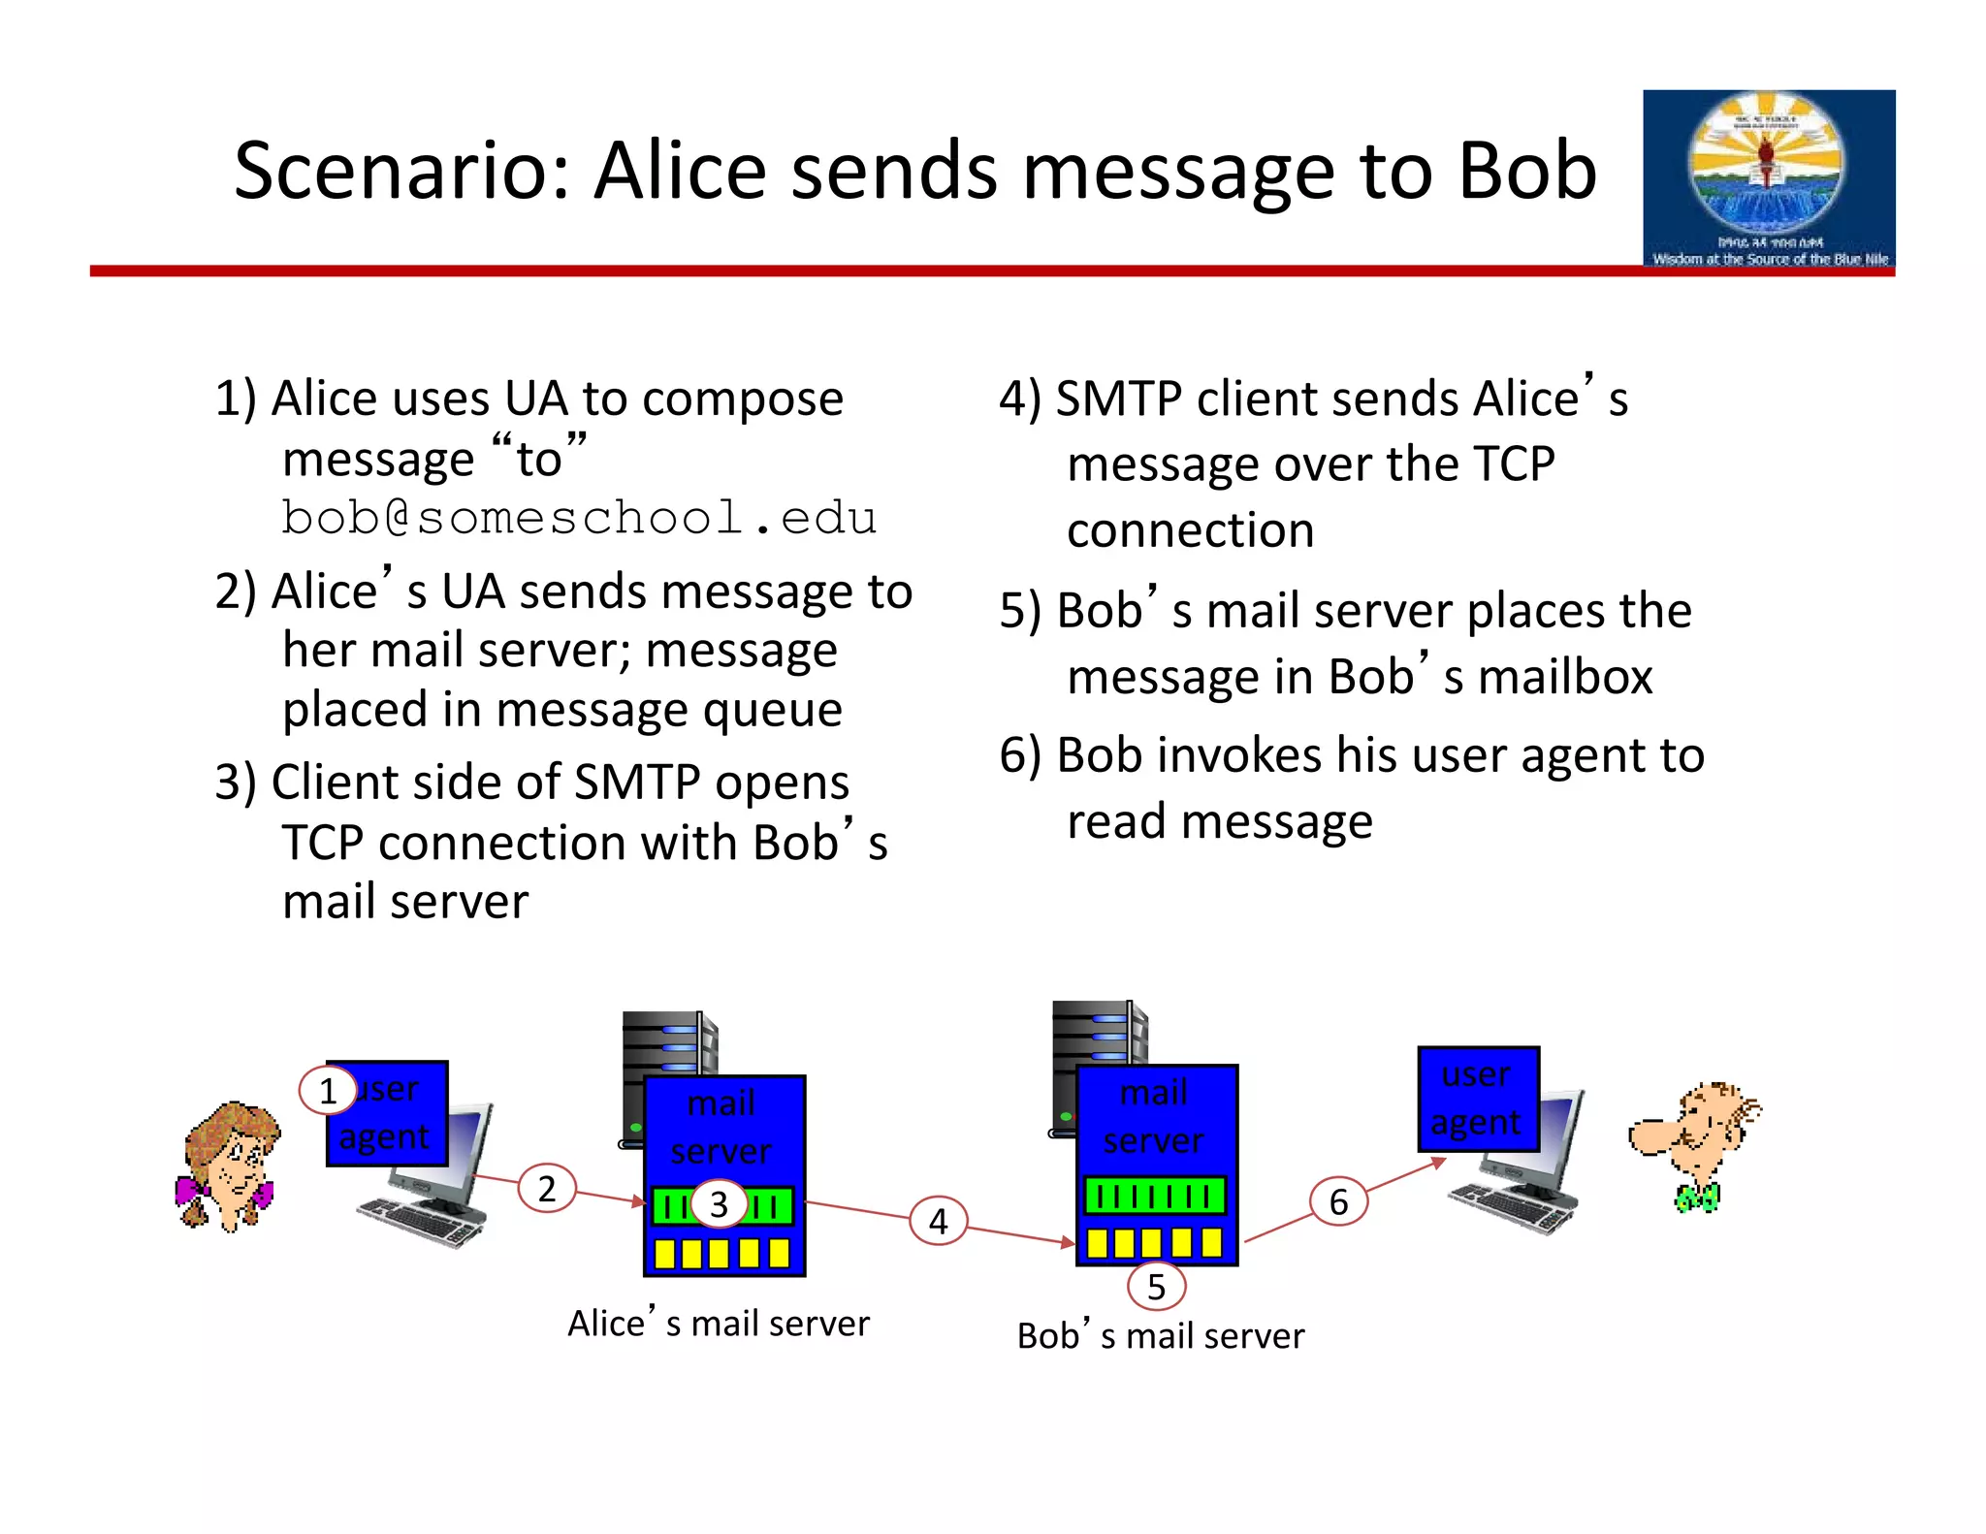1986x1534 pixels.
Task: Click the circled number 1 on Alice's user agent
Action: [328, 1091]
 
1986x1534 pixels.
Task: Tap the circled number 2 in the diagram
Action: [547, 1189]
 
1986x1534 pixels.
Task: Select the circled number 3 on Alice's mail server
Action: [719, 1204]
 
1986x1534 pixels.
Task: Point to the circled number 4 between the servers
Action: [938, 1221]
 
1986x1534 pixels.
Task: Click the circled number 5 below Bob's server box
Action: [1156, 1287]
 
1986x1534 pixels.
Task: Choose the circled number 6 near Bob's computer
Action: [1338, 1202]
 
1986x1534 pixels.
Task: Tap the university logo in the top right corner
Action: [1769, 177]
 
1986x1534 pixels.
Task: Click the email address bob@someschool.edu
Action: [579, 518]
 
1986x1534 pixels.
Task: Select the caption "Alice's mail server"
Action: [719, 1324]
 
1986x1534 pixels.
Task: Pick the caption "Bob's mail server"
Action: [1161, 1336]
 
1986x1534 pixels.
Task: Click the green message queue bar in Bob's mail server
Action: [1154, 1196]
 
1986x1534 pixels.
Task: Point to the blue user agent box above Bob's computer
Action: [1478, 1099]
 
